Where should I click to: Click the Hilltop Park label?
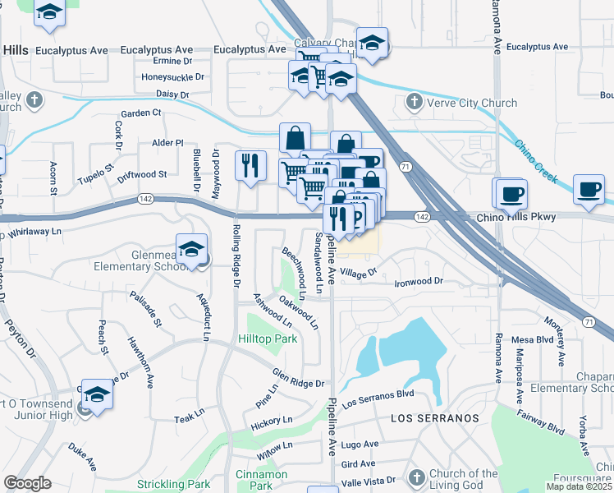267,339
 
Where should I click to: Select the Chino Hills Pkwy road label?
516,217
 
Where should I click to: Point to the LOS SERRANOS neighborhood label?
434,418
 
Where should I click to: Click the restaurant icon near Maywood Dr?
251,164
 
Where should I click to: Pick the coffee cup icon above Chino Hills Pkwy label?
511,194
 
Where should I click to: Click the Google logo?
27,483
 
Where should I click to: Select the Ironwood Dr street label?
419,282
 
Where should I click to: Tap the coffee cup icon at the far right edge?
589,188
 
